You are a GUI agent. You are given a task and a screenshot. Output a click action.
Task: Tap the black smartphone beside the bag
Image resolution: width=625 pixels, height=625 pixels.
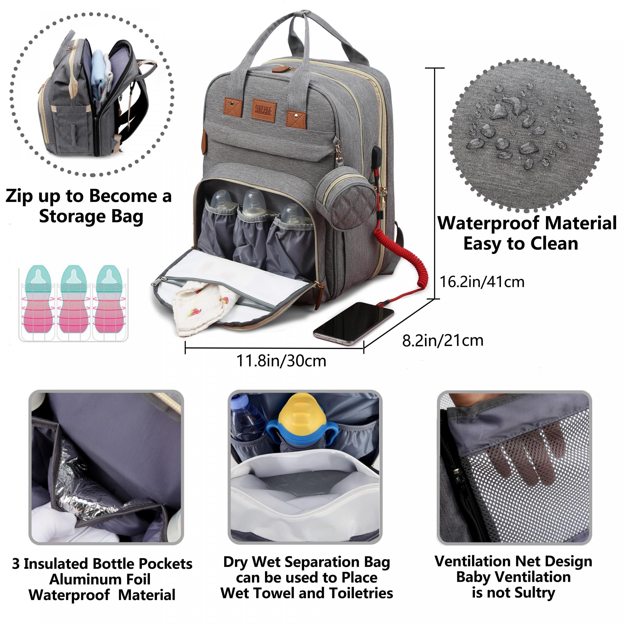coord(353,323)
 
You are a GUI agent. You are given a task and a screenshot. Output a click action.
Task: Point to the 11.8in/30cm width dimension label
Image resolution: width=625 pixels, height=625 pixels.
coord(281,361)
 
